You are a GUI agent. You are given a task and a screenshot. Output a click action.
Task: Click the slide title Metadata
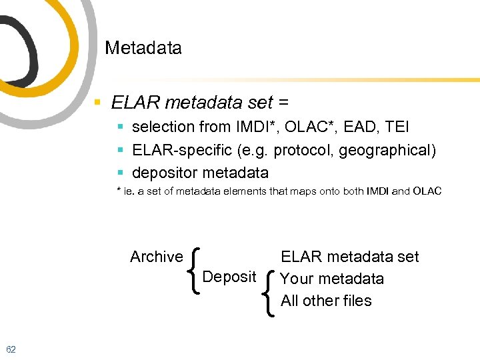pyautogui.click(x=143, y=48)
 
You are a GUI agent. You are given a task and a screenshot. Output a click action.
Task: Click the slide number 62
pyautogui.click(x=11, y=349)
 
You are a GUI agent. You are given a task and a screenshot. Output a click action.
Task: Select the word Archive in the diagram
pyautogui.click(x=156, y=257)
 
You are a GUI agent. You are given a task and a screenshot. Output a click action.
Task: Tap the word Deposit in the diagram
pyautogui.click(x=229, y=277)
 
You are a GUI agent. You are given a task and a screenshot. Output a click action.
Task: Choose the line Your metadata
pyautogui.click(x=332, y=279)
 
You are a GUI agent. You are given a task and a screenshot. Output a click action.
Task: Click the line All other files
pyautogui.click(x=326, y=301)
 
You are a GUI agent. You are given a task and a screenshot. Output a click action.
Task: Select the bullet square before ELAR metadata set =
pyautogui.click(x=97, y=103)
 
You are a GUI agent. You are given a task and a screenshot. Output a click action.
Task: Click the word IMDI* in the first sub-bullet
pyautogui.click(x=255, y=127)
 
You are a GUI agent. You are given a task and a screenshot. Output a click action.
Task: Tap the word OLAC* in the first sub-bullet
pyautogui.click(x=314, y=127)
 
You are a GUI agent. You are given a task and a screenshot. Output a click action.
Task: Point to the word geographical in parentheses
pyautogui.click(x=385, y=150)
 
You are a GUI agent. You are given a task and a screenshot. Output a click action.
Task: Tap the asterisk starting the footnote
pyautogui.click(x=119, y=191)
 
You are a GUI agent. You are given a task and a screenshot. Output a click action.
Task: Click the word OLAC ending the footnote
pyautogui.click(x=427, y=192)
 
